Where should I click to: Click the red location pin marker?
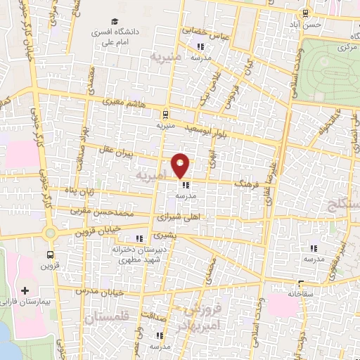181,165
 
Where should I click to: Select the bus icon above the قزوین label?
50,255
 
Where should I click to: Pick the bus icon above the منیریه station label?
165,114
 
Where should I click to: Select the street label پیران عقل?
116,150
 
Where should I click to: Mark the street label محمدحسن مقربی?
103,210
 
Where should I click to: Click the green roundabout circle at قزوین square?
49,233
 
